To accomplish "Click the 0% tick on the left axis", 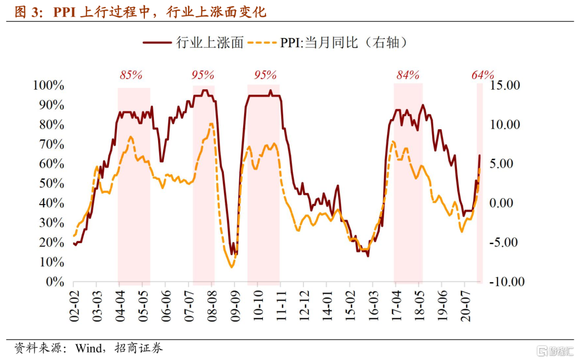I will tap(55, 281).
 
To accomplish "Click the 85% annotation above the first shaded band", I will tap(131, 75).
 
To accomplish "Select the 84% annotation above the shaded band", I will tap(408, 75).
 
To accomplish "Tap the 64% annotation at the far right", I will tap(482, 75).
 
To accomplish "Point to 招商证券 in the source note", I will tap(140, 349).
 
